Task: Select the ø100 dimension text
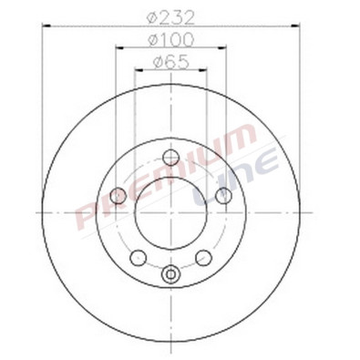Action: pyautogui.click(x=170, y=40)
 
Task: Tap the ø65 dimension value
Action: pyautogui.click(x=170, y=62)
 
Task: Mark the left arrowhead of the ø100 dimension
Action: pyautogui.click(x=117, y=50)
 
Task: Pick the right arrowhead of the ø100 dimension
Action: pyautogui.click(x=224, y=50)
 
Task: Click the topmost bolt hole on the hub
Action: pyautogui.click(x=170, y=157)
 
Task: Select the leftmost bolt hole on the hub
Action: pyautogui.click(x=118, y=195)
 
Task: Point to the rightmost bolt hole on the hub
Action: pyautogui.click(x=223, y=195)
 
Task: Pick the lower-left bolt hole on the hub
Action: pyautogui.click(x=138, y=257)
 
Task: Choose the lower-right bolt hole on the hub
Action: pyautogui.click(x=203, y=257)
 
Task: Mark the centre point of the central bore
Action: pyautogui.click(x=170, y=212)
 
